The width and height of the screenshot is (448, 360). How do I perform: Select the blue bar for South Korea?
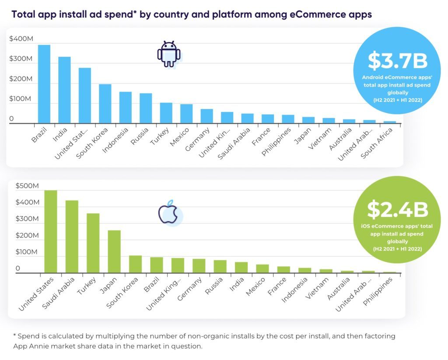105,104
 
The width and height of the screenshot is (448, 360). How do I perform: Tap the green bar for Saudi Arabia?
72,237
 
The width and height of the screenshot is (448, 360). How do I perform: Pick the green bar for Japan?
114,252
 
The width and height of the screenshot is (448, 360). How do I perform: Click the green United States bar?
51,231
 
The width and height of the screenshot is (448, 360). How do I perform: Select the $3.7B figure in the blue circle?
397,61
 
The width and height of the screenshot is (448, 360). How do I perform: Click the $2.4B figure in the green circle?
397,210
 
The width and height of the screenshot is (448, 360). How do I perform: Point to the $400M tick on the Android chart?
21,39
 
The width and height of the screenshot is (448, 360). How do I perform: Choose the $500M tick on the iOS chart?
27,186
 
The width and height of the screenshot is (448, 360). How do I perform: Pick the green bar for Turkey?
93,243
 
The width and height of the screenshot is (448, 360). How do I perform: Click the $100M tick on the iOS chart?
27,252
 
